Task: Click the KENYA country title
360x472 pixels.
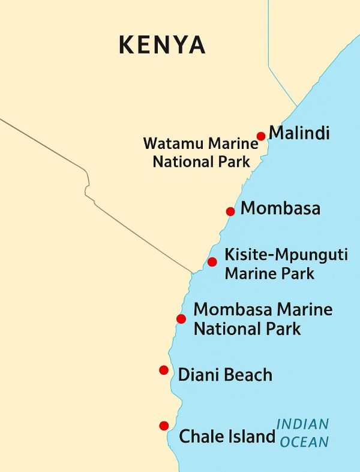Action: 162,45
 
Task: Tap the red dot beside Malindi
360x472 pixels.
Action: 261,136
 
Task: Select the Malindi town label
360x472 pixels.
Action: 299,133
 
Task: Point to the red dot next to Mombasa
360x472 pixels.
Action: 230,211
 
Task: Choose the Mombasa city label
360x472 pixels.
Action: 280,209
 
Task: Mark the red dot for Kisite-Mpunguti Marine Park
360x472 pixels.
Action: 212,262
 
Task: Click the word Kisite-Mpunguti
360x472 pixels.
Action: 286,255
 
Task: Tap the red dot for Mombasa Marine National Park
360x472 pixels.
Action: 181,319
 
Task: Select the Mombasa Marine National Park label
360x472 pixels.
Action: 262,319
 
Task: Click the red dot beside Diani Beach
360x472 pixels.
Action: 164,370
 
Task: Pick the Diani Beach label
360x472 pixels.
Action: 225,375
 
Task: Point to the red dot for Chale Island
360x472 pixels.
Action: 164,426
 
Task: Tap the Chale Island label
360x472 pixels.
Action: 227,437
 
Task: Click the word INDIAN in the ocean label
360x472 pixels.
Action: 303,425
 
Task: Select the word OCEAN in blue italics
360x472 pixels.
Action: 305,443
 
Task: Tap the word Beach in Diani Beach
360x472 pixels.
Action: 247,375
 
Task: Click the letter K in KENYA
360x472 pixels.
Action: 127,45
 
